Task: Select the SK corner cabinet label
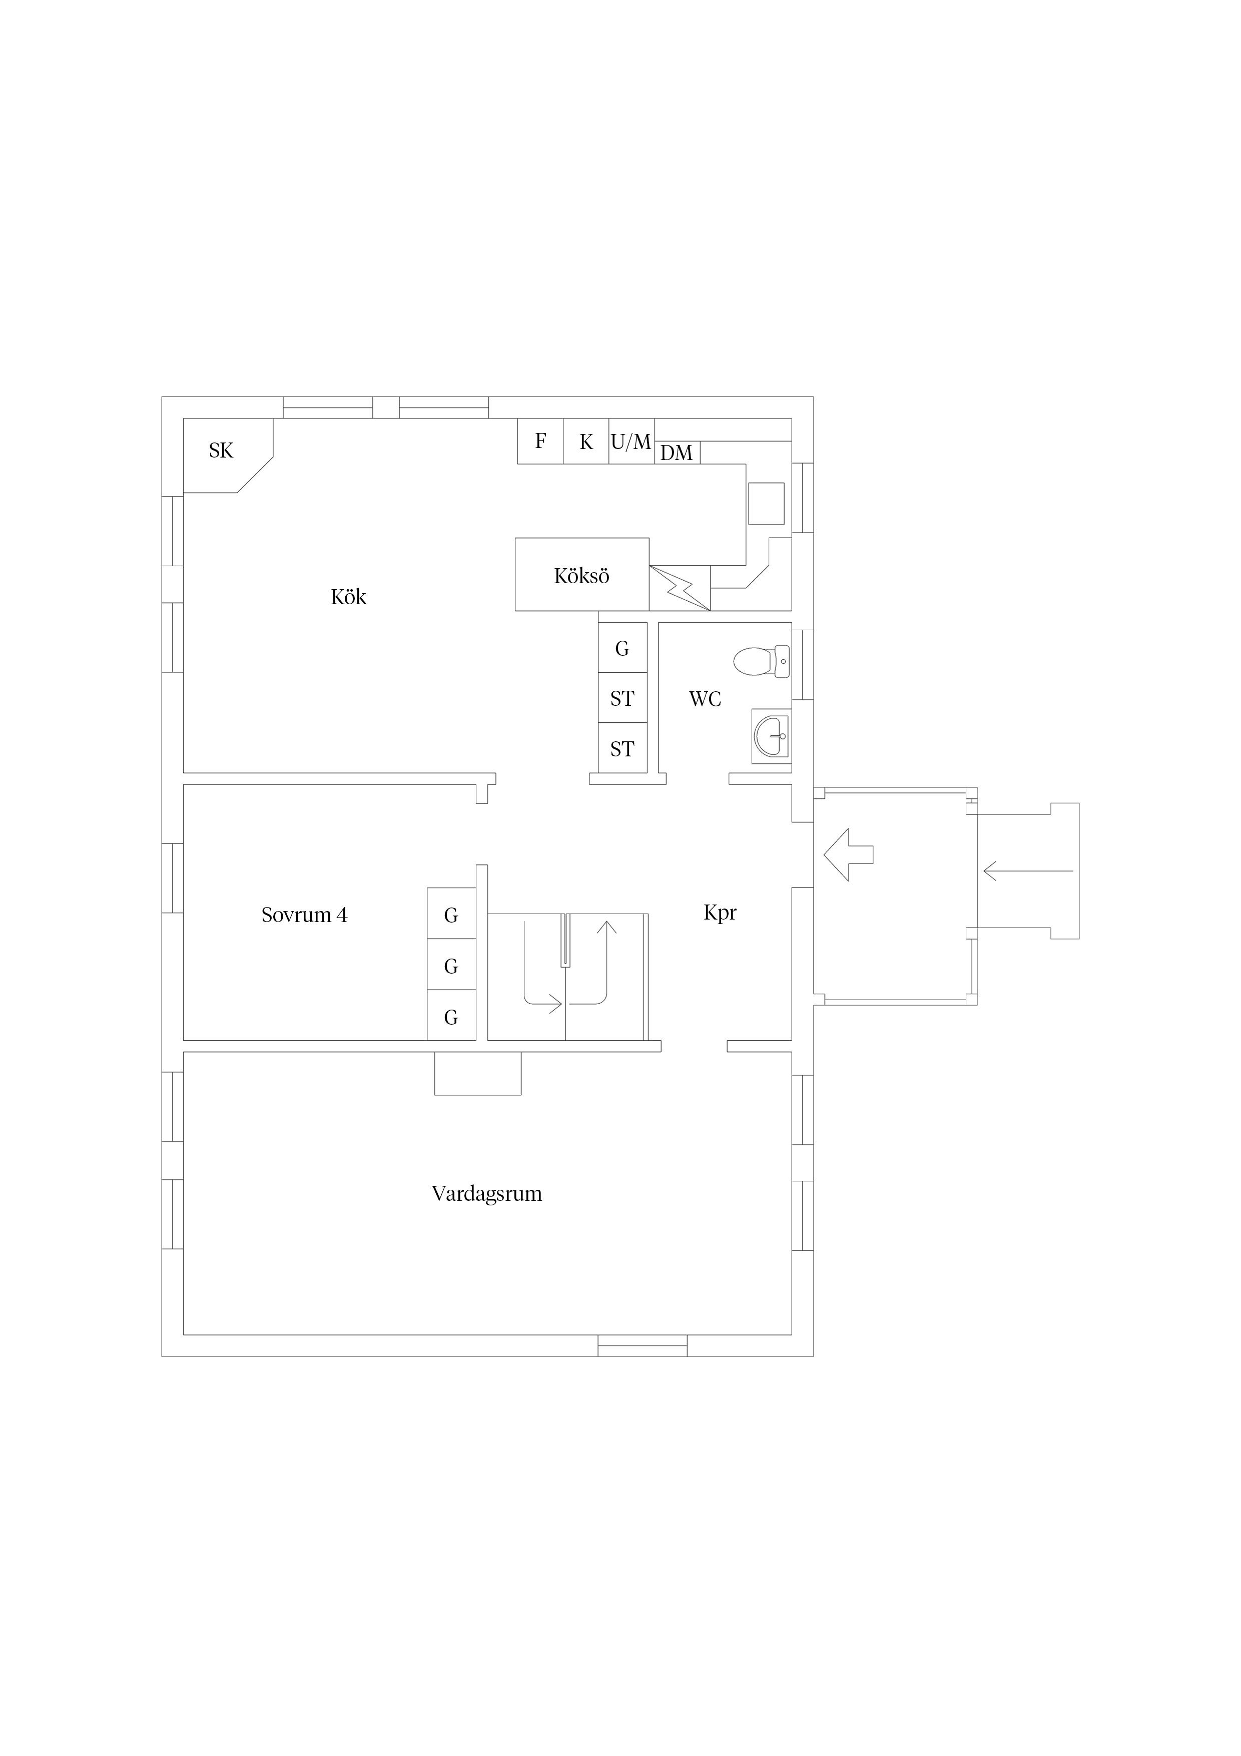coord(221,451)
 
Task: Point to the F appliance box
coord(540,442)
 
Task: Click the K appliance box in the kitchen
coord(586,442)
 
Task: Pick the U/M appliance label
coord(631,442)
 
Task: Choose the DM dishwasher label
coord(676,454)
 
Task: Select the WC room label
coord(705,699)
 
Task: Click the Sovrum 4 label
coord(304,915)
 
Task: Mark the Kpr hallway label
coord(720,913)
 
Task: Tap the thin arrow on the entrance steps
coord(1028,870)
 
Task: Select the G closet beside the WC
coord(623,648)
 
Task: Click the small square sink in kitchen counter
coord(766,503)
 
